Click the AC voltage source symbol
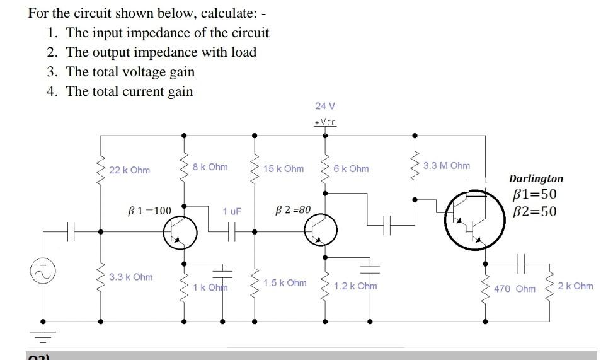(43, 272)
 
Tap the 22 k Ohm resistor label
(129, 170)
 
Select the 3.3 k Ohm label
(130, 277)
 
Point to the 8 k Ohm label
(210, 167)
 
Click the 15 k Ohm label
(284, 169)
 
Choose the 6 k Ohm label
(352, 169)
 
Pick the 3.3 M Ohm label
(447, 166)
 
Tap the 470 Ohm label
(515, 289)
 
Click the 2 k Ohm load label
(576, 286)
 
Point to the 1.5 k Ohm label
(285, 283)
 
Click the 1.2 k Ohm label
(355, 286)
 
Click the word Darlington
(536, 179)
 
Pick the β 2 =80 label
(294, 209)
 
